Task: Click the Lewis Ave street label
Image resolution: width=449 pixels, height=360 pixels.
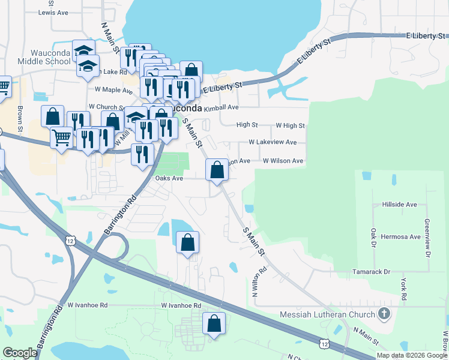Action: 53,12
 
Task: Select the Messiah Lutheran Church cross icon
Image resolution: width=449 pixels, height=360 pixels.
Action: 384,314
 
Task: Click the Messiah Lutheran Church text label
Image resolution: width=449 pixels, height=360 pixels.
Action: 328,314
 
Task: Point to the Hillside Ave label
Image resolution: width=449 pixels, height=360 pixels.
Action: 399,205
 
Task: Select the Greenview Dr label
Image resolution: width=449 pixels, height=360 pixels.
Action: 427,233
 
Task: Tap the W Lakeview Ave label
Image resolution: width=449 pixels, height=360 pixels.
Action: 273,142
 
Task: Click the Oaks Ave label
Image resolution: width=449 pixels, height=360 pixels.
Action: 169,178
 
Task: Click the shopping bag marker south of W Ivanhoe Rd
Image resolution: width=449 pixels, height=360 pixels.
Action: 214,324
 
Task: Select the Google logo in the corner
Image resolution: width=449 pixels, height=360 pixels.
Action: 20,353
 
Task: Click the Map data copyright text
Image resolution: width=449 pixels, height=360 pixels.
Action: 411,355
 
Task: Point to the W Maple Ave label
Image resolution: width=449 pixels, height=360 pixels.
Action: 113,90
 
